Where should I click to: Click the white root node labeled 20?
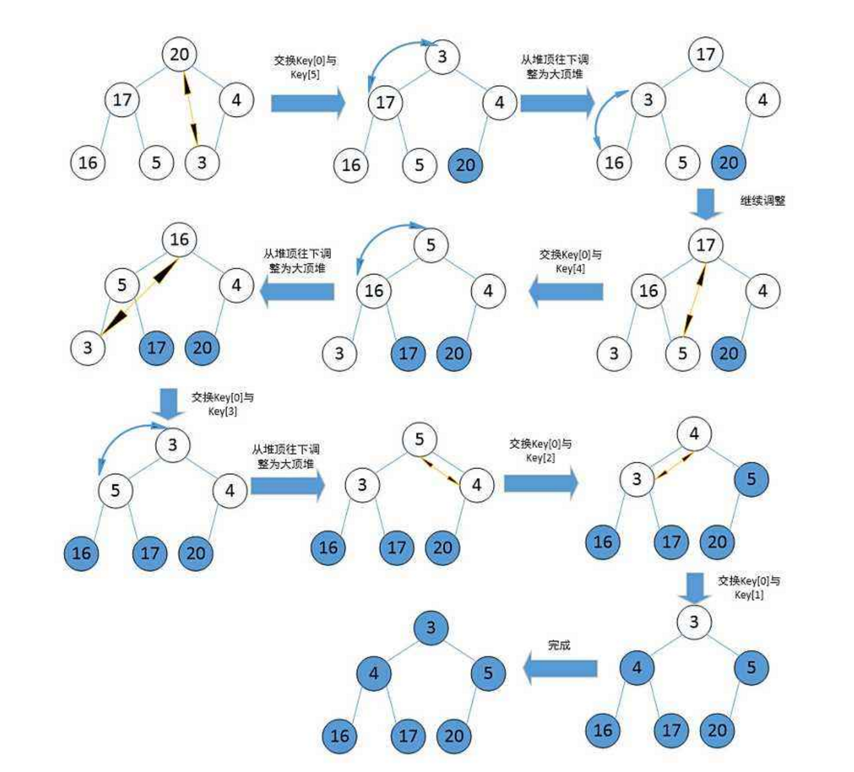point(180,54)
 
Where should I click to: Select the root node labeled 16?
point(180,240)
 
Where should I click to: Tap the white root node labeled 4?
point(694,434)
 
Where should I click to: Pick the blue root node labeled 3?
point(431,628)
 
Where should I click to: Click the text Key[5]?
point(305,75)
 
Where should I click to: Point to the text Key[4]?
point(570,268)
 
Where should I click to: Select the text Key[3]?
point(222,411)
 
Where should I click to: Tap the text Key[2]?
point(540,457)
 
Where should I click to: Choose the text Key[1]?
point(749,595)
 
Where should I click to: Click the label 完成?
point(559,645)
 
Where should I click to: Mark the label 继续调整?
point(762,201)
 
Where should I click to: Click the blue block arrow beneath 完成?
point(560,668)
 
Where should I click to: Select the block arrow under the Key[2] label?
point(540,483)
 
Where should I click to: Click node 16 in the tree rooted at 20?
point(88,162)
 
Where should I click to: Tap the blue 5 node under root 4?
point(751,479)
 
